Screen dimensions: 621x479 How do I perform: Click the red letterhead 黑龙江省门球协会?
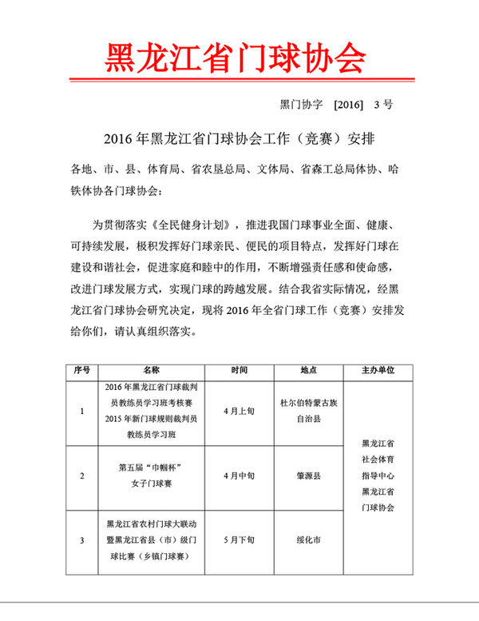[236, 57]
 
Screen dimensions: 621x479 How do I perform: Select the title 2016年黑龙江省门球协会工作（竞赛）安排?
[239, 137]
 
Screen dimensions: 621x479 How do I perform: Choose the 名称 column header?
[152, 372]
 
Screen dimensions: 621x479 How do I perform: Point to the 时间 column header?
[239, 372]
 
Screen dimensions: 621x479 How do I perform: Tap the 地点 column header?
[308, 372]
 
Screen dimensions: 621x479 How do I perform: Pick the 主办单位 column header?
[378, 372]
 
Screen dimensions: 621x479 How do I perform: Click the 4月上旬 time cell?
[239, 412]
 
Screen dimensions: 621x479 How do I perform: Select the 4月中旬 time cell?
[239, 476]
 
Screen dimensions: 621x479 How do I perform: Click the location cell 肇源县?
[308, 476]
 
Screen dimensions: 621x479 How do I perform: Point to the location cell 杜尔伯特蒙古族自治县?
[308, 412]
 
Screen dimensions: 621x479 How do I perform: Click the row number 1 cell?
[82, 412]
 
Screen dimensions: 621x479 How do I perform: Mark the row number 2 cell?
[82, 476]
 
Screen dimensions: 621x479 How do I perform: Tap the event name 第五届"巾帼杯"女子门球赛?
[152, 476]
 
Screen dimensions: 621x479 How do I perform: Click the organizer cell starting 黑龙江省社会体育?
[378, 476]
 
